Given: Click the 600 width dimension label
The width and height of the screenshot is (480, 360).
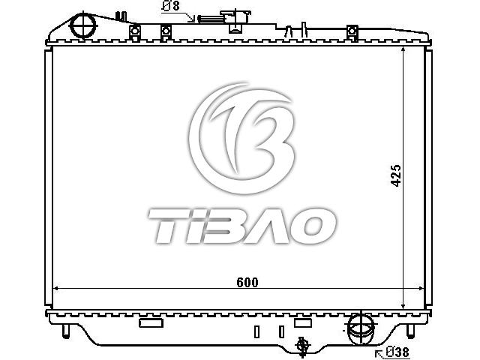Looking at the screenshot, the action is tap(247, 282).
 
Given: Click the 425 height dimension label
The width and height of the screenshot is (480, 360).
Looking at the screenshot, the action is tap(396, 175).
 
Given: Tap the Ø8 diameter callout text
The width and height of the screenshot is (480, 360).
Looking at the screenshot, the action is tap(171, 6).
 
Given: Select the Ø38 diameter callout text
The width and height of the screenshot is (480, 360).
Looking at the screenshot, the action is tap(397, 352).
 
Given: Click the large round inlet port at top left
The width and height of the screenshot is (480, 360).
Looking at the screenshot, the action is tap(83, 25).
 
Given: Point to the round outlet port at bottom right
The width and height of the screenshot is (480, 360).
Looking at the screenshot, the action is tap(361, 329).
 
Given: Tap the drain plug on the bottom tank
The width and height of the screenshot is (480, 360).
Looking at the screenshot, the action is tap(302, 346).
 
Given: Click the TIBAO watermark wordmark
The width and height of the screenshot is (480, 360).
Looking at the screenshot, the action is tap(241, 226).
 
